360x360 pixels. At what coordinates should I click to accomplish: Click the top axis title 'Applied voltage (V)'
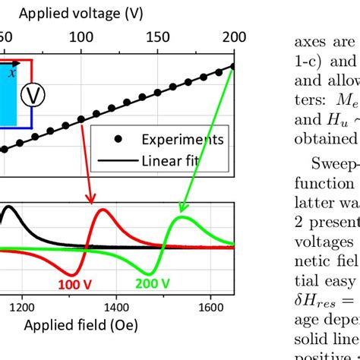81,13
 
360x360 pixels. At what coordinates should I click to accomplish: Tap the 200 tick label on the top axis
234,36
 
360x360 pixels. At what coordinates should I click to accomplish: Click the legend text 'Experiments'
182,140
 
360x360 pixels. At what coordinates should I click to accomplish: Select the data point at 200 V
232,67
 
